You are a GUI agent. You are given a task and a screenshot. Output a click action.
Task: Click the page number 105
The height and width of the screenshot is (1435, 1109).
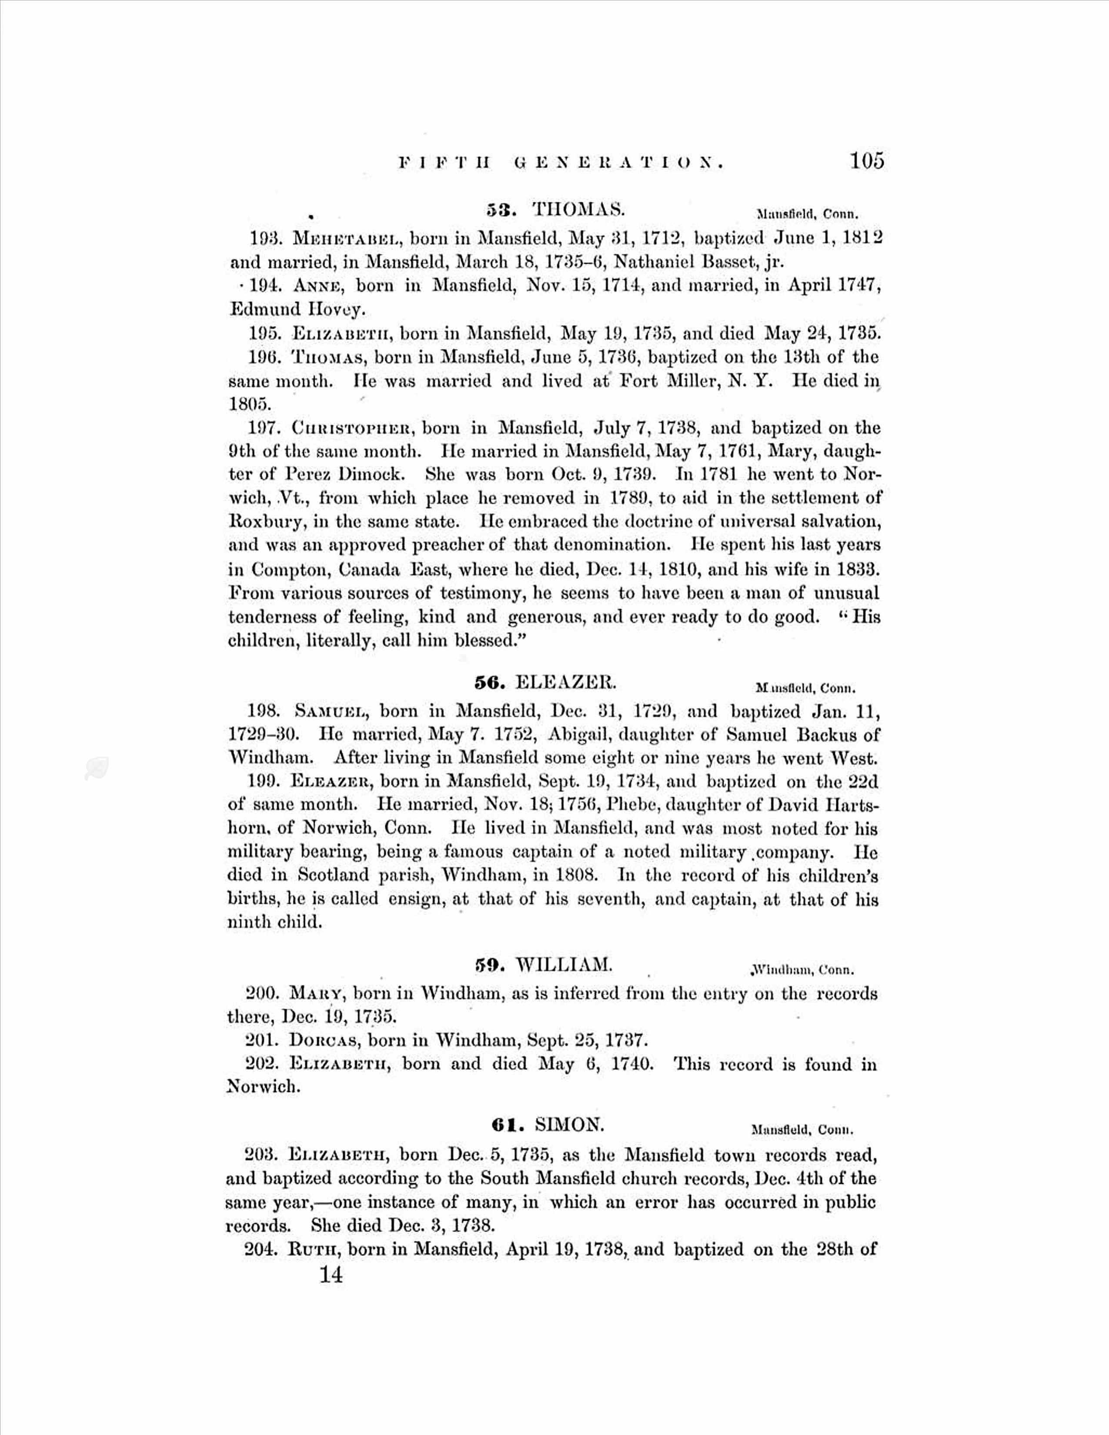click(867, 161)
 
